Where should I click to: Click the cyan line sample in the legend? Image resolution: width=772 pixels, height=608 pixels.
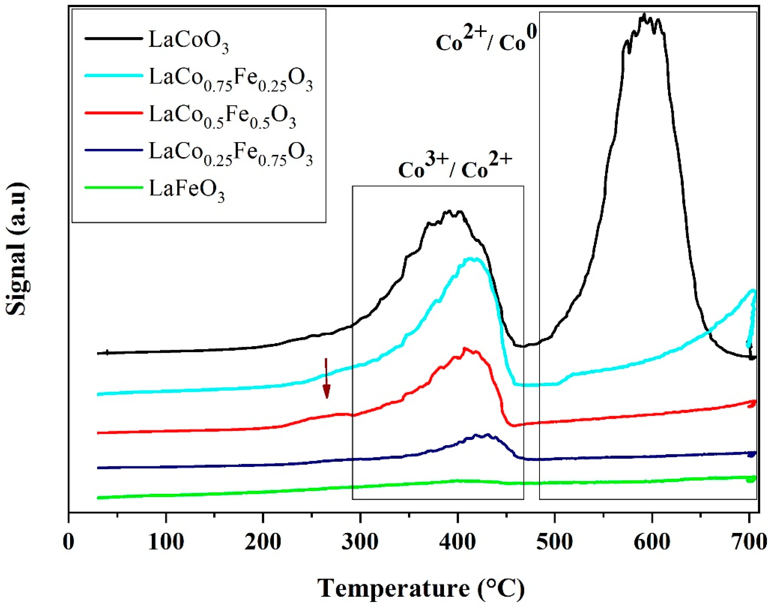(113, 75)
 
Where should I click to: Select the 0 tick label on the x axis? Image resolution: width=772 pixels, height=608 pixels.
(68, 543)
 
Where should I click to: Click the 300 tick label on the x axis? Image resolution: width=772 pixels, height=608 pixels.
(360, 543)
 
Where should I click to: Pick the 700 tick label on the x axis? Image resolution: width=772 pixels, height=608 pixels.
(749, 543)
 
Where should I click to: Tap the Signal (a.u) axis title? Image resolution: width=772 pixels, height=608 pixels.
(17, 249)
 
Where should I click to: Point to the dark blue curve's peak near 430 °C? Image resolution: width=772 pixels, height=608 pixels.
(488, 435)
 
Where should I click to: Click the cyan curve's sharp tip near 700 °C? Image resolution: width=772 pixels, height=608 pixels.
(753, 290)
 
